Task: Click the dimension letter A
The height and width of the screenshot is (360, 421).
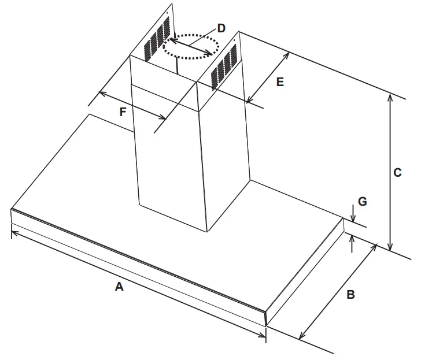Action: click(x=119, y=286)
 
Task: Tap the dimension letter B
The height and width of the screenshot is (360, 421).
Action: click(x=350, y=295)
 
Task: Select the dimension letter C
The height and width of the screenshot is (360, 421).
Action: click(x=397, y=172)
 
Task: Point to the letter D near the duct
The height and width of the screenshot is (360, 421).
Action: click(x=221, y=28)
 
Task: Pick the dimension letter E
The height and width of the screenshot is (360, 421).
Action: click(x=279, y=82)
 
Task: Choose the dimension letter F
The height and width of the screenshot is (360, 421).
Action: click(x=123, y=112)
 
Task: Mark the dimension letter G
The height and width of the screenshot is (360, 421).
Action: click(x=362, y=201)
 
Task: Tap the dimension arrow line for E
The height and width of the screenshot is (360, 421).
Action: click(x=268, y=77)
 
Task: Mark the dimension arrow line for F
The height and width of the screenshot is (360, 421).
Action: click(x=133, y=105)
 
